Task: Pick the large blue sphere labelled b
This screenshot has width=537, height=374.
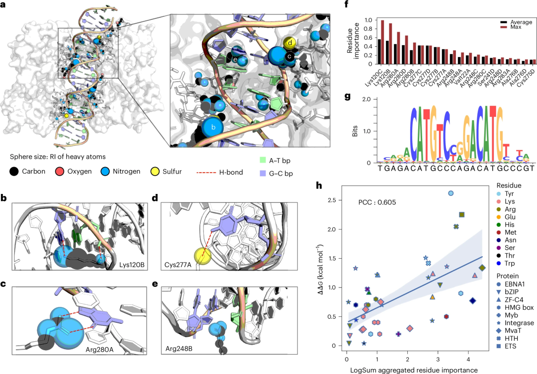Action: pos(213,127)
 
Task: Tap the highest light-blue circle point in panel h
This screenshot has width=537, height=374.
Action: pos(450,193)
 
